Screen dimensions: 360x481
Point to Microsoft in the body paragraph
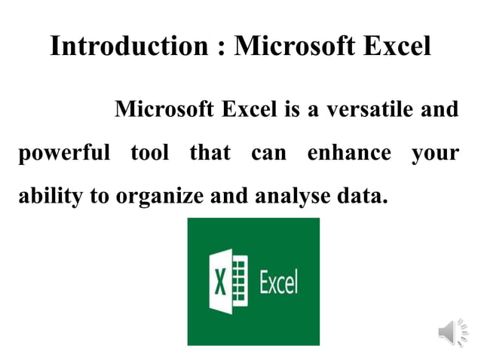point(164,110)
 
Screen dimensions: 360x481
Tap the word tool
point(149,154)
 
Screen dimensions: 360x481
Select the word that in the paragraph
point(210,154)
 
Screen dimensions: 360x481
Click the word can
point(268,154)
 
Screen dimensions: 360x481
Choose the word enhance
point(349,154)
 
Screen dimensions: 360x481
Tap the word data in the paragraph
point(360,197)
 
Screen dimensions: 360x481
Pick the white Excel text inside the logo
point(278,282)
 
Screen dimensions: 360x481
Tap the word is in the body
point(293,110)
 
